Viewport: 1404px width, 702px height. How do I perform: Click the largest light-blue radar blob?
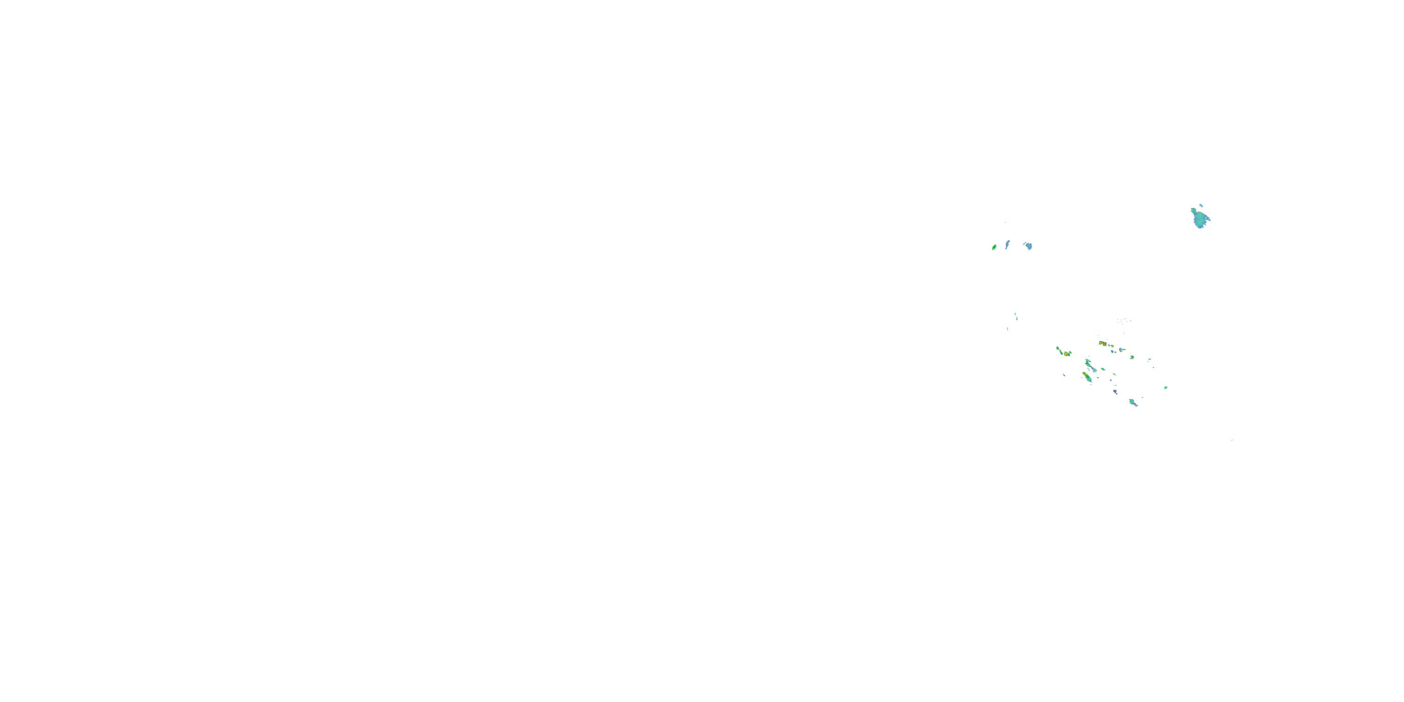pos(1199,218)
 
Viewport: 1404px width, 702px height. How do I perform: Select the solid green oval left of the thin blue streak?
pos(994,247)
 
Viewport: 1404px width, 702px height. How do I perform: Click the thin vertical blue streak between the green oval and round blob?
pos(1008,244)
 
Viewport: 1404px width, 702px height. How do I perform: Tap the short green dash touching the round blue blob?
pos(1024,244)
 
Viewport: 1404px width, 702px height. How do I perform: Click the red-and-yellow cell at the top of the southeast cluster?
pos(1103,344)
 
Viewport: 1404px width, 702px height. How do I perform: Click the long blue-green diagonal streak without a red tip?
pos(1090,365)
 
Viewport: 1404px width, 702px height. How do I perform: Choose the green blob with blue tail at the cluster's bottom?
pos(1133,403)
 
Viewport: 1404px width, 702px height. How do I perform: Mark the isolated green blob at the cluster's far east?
pos(1166,388)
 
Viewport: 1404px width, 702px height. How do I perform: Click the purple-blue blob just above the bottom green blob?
pos(1115,391)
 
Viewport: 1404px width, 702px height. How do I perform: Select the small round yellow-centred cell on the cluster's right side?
pos(1132,357)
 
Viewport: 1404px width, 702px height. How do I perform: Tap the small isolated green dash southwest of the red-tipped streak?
pos(1064,374)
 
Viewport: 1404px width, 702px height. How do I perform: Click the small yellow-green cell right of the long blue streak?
pos(1103,369)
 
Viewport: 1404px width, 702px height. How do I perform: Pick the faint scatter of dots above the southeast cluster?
pos(1124,321)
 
